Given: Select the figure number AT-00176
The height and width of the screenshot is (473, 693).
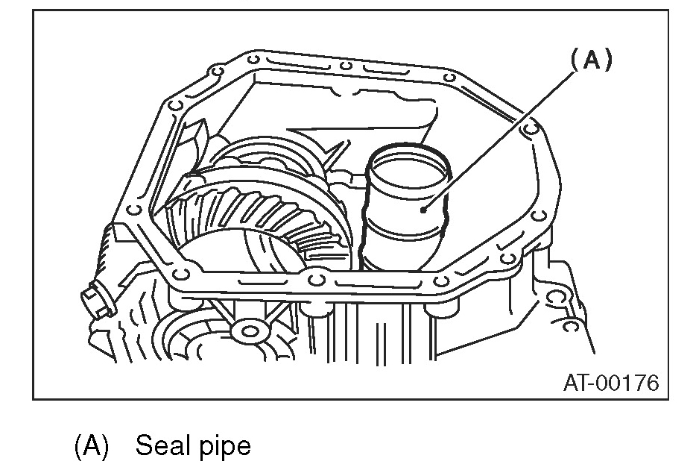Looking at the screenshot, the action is tap(610, 383).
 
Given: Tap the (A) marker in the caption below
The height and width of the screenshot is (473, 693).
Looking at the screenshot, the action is tap(92, 447).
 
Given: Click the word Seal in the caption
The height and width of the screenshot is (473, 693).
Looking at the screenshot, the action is tap(160, 447).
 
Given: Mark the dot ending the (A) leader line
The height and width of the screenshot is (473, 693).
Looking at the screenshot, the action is tap(423, 210).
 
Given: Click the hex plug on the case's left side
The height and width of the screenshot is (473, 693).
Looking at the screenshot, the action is tap(92, 302).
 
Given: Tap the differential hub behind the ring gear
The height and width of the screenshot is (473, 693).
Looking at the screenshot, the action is tap(261, 160).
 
